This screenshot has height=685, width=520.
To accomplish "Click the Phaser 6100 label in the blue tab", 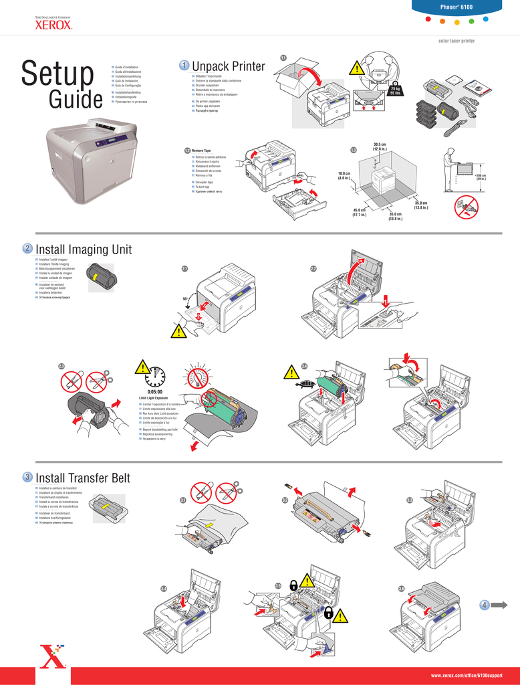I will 457,7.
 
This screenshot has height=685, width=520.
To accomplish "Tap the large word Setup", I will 57,74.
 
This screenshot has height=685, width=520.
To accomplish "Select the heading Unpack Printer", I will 228,66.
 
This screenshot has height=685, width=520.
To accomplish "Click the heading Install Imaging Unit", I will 84,250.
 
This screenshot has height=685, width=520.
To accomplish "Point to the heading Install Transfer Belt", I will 82,478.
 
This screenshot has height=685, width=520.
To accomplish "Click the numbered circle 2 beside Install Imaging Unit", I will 27,249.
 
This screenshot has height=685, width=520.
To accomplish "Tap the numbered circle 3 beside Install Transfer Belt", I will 27,477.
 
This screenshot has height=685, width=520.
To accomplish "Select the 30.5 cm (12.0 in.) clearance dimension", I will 381,146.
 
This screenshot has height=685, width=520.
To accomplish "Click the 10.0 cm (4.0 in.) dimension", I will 344,177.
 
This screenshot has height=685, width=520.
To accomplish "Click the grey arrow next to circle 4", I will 499,605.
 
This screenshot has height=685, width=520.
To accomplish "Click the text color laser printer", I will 457,41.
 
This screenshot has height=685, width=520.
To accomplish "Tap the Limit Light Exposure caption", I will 153,398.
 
